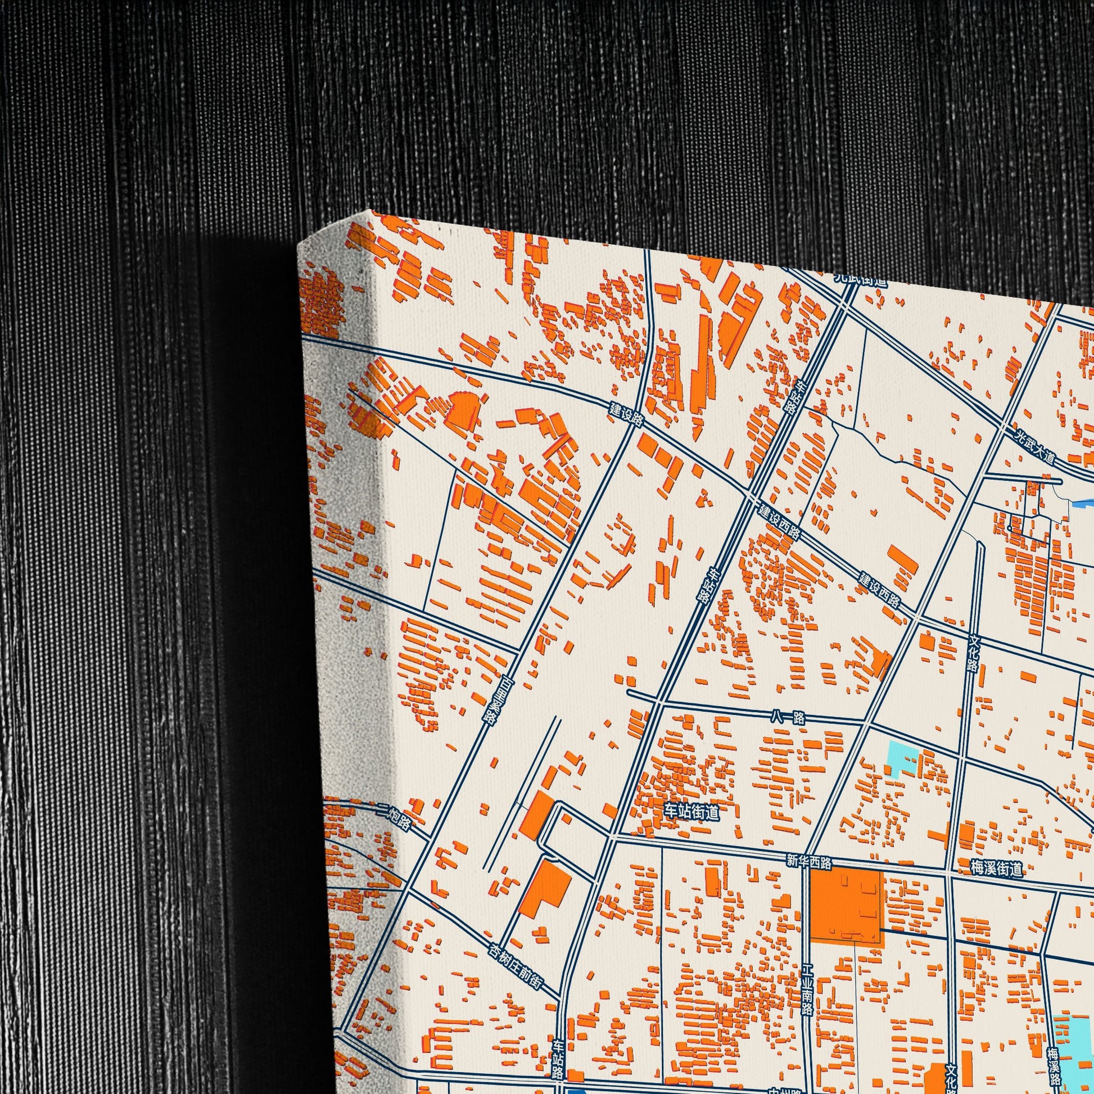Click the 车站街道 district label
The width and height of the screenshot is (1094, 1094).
tap(691, 813)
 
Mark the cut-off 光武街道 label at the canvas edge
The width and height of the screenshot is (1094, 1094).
tap(860, 280)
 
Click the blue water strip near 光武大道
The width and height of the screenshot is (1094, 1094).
tap(1079, 502)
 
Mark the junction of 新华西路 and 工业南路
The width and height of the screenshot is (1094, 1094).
tap(804, 871)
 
